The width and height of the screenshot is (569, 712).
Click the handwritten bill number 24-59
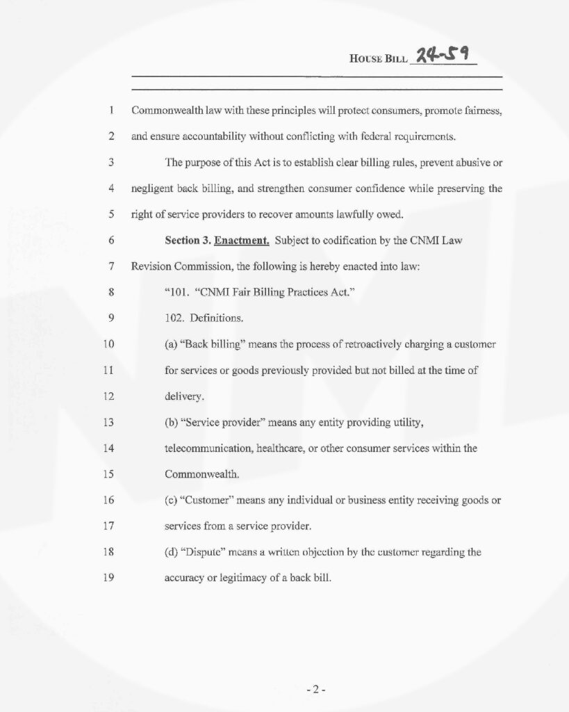(443, 54)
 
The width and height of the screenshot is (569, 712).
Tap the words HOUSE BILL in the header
(378, 60)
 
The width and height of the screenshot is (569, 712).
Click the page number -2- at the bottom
(316, 690)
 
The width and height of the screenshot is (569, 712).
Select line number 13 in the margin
(108, 422)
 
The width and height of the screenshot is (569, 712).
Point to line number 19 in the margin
(108, 577)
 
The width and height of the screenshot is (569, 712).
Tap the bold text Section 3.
(188, 241)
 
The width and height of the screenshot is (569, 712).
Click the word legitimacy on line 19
(258, 578)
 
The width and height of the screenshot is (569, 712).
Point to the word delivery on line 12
(184, 396)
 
